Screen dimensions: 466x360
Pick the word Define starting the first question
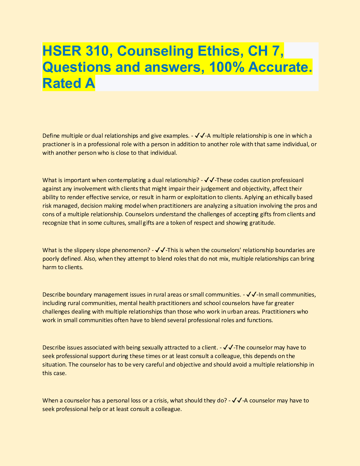(51, 136)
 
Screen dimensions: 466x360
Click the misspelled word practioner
(56, 144)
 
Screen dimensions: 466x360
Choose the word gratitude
(262, 223)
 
